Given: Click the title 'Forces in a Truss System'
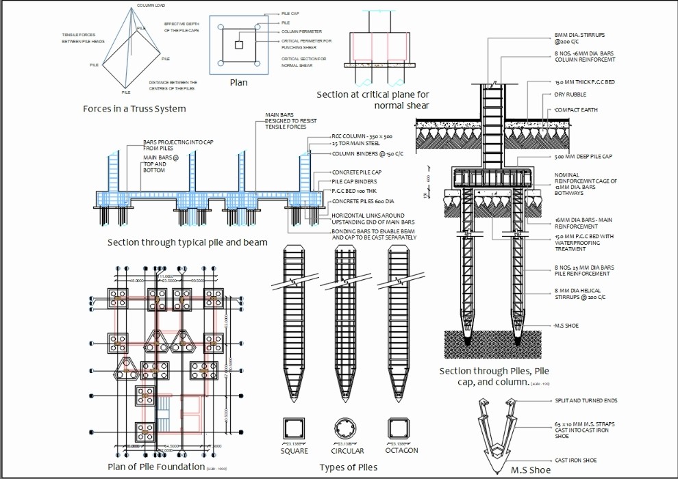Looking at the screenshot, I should [134, 109].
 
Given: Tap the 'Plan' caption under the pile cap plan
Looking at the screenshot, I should [238, 83].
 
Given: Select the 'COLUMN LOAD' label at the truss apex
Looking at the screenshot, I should [151, 5].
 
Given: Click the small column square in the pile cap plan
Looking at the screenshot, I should [238, 45].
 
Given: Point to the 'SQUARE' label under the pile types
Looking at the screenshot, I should [294, 451].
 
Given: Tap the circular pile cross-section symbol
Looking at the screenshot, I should [347, 429].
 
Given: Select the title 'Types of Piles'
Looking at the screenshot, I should [349, 467].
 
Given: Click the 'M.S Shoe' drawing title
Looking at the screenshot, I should [531, 469].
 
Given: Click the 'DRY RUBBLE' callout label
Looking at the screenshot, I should [570, 94].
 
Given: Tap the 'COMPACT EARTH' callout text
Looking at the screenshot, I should [575, 110].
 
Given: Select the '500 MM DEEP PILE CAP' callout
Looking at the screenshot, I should [583, 157].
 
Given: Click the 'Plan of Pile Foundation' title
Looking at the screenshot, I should [156, 467].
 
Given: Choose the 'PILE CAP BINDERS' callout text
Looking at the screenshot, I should [354, 181].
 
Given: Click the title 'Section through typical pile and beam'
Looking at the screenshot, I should [187, 242].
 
